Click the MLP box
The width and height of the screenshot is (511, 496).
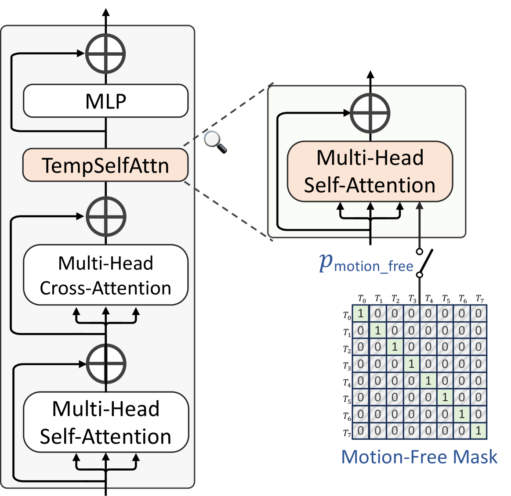click(105, 101)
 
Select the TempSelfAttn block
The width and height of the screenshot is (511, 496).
click(105, 165)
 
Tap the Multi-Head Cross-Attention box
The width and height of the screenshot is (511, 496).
click(105, 275)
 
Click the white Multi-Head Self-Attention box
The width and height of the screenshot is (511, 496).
click(105, 422)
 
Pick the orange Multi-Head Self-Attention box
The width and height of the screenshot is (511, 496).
click(370, 171)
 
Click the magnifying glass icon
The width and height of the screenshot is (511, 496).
click(214, 141)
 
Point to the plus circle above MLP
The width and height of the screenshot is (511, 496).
click(105, 54)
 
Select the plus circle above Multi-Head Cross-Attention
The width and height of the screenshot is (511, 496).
click(105, 216)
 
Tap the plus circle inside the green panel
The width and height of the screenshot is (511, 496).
click(370, 113)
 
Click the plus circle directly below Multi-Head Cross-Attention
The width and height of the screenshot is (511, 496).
click(105, 364)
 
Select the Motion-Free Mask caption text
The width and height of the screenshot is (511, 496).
click(419, 457)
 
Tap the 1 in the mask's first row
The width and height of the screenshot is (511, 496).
click(361, 313)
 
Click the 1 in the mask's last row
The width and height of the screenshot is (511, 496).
click(478, 431)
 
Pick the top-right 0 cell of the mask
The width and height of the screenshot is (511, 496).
click(478, 313)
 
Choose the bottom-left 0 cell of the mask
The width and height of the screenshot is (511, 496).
click(361, 431)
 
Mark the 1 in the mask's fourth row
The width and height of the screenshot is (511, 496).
click(411, 364)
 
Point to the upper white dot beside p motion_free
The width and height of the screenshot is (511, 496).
click(420, 252)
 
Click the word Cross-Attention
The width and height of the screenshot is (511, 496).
click(105, 288)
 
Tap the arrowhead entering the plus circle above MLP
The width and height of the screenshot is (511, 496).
click(81, 54)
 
